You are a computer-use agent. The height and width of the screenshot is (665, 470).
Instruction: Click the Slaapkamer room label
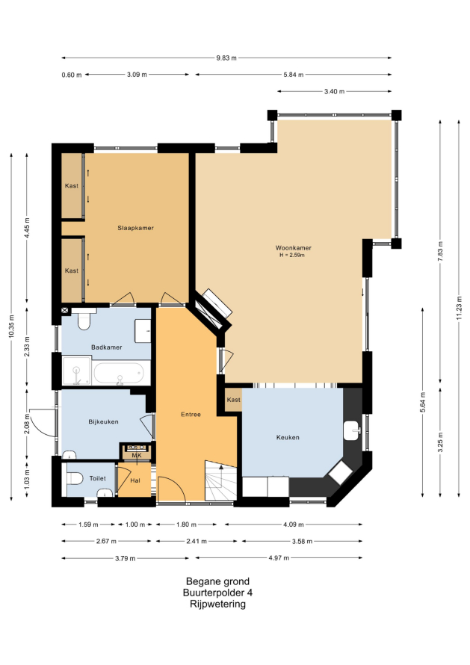(135, 228)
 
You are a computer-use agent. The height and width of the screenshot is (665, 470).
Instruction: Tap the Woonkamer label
(293, 247)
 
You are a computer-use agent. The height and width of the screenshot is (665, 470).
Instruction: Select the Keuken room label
(288, 437)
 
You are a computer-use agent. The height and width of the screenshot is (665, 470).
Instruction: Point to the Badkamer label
(106, 347)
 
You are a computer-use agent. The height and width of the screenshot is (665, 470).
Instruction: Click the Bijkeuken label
(103, 421)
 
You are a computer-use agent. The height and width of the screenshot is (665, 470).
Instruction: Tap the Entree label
(191, 415)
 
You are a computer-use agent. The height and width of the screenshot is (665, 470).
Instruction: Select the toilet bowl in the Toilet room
(74, 478)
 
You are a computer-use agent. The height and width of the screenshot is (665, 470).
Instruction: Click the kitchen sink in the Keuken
(352, 430)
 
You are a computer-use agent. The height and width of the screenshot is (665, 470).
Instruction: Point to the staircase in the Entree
(220, 480)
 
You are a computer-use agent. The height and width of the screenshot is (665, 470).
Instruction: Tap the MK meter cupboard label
(137, 456)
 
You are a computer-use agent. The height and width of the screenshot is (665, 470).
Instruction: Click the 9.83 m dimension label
(226, 58)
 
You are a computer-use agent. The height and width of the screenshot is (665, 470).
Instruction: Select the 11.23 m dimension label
(459, 309)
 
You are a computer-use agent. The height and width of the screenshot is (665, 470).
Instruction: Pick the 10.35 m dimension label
(11, 326)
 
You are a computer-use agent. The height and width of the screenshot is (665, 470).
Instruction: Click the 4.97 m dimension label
(279, 558)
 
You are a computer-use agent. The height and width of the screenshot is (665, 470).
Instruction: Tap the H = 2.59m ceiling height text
(292, 256)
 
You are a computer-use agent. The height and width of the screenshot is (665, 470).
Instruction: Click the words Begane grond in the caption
(217, 581)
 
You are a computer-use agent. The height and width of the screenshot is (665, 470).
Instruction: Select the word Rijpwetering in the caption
(217, 604)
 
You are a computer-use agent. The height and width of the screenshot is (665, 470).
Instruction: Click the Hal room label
(135, 480)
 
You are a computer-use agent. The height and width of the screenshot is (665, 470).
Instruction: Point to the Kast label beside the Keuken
(233, 400)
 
